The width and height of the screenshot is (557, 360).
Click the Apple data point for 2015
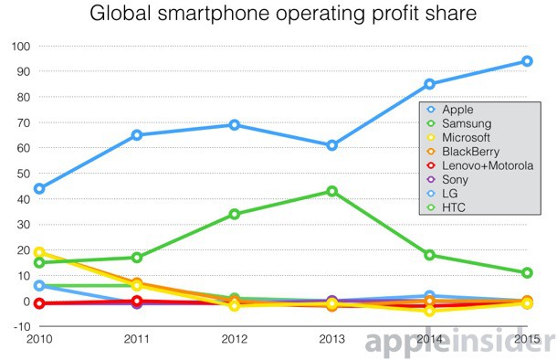click(x=527, y=61)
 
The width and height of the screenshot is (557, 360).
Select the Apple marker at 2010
click(x=39, y=189)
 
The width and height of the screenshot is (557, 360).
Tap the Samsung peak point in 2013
click(x=332, y=191)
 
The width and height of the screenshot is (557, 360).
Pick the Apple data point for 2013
click(x=332, y=145)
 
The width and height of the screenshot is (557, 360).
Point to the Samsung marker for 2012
click(x=235, y=214)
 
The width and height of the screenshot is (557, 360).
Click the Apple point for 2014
click(x=429, y=84)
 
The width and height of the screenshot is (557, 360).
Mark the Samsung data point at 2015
click(x=527, y=272)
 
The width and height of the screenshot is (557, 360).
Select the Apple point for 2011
click(x=137, y=135)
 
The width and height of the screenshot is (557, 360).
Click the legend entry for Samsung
click(x=467, y=123)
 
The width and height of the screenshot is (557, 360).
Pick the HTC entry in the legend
click(x=456, y=209)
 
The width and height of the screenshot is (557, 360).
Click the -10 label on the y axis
click(x=18, y=327)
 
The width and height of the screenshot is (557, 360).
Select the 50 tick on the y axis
click(x=21, y=174)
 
